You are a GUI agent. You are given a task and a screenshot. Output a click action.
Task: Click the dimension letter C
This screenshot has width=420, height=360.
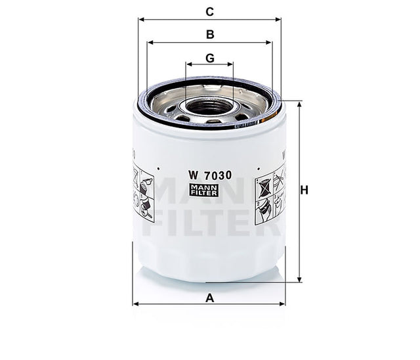click(210, 11)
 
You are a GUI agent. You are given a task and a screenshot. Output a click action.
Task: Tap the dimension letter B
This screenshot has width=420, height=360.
click(210, 34)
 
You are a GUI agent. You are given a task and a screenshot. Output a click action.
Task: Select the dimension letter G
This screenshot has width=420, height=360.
click(210, 58)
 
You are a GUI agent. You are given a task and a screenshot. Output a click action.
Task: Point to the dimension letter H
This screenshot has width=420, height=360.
click(304, 191)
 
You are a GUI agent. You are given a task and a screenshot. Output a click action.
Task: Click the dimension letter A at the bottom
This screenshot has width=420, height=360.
click(210, 298)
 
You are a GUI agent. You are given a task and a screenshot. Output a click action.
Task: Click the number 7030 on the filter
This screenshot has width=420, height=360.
click(218, 175)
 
